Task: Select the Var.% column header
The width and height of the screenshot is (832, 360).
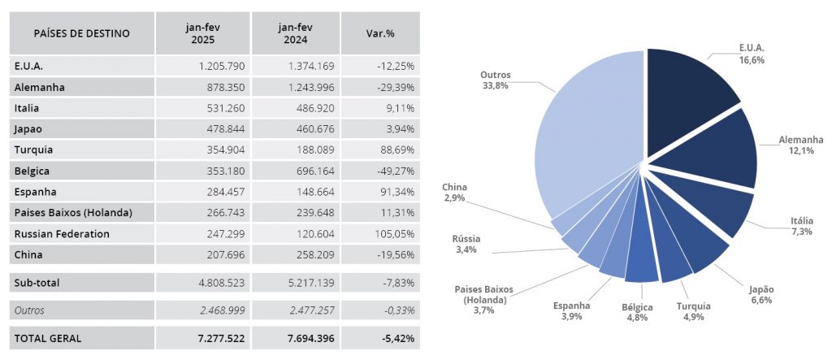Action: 380,33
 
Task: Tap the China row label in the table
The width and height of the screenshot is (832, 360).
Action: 29,255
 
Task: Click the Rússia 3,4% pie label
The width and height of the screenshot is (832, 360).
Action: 466,244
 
